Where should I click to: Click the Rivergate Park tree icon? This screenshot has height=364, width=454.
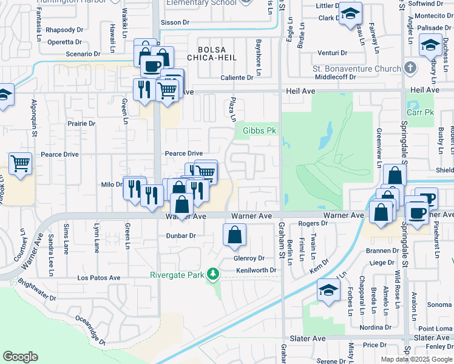(212, 274)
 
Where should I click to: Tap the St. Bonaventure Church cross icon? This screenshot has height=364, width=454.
(410, 68)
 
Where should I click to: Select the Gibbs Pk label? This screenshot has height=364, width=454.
(259, 130)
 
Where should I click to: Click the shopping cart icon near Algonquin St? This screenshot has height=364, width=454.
(20, 164)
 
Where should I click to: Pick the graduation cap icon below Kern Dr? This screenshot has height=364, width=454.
(328, 291)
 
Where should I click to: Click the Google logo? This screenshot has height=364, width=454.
(20, 357)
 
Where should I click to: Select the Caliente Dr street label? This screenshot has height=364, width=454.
(237, 78)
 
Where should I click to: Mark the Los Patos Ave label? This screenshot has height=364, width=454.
(99, 277)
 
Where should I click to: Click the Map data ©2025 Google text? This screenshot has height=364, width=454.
(416, 359)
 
